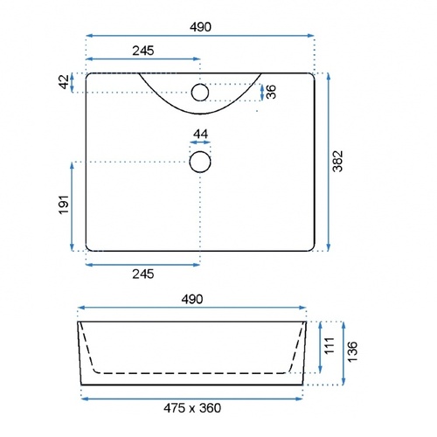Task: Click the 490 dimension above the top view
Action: click(x=200, y=27)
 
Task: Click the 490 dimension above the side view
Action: click(x=192, y=299)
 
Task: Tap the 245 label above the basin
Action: click(x=143, y=51)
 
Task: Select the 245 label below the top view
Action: click(x=143, y=274)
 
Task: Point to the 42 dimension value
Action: click(x=65, y=82)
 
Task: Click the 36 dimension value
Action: click(x=271, y=92)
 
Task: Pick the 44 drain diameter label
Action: click(x=201, y=134)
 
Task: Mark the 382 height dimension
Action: click(x=338, y=161)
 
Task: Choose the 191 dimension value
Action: click(x=64, y=205)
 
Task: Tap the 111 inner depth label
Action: click(x=329, y=346)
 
